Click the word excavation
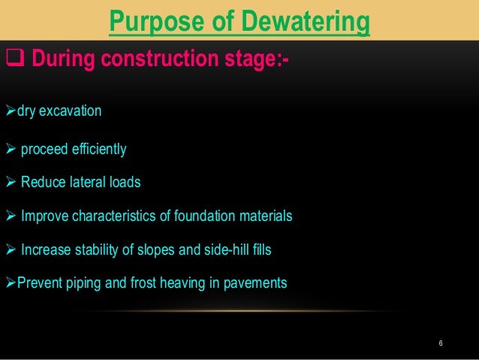(x=70, y=113)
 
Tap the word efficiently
(x=95, y=150)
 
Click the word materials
(x=266, y=217)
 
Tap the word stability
(x=95, y=250)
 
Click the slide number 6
(x=441, y=343)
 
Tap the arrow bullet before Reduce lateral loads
(x=10, y=183)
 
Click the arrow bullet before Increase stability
(x=10, y=250)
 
